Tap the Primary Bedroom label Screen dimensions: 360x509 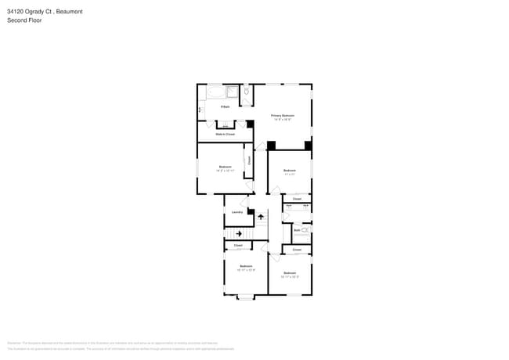point(282,115)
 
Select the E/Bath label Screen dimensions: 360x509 point(225,106)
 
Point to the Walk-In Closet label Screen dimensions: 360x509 point(226,134)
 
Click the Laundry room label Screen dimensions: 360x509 point(236,213)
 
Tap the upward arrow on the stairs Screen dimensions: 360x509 point(262,217)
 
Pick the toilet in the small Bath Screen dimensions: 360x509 point(305,231)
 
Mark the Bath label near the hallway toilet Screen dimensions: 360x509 point(297,230)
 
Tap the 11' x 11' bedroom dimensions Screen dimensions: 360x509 point(289,175)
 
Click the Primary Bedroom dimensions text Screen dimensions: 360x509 point(282,120)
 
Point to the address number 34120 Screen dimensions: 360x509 point(16,12)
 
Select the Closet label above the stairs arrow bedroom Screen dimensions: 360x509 point(238,246)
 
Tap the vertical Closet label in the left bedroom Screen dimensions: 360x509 point(249,160)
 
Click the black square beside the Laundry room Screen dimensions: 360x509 point(251,211)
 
